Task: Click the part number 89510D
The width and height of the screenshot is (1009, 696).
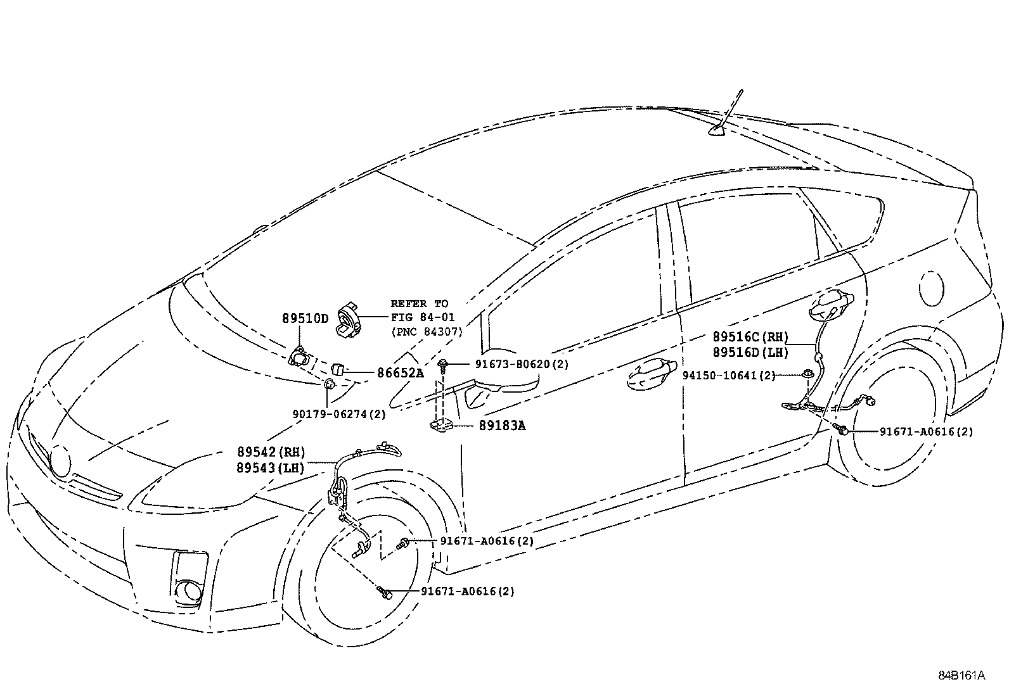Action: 305,319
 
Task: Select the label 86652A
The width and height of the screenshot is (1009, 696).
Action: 400,373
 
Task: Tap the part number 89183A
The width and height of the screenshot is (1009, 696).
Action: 503,426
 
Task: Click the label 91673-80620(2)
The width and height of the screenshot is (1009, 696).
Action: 522,364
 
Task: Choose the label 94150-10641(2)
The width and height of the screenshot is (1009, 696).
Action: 729,375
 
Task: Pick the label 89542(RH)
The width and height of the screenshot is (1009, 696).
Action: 271,452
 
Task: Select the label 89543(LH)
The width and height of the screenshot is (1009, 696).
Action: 271,469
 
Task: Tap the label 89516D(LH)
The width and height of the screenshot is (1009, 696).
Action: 750,353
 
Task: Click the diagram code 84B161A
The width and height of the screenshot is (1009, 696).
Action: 961,675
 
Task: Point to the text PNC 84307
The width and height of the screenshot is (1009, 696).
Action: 427,331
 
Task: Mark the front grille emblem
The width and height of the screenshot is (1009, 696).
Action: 61,461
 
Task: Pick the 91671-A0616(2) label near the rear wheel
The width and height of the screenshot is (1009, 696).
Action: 926,432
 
